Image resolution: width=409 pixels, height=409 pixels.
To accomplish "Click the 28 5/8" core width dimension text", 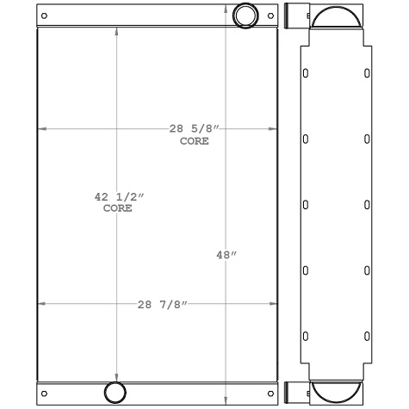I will (195, 129).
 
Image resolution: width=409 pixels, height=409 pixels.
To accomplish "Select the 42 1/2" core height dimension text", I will (119, 197).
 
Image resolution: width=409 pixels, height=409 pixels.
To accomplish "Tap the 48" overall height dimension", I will (226, 255).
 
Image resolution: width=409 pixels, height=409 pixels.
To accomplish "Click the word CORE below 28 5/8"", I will (195, 140).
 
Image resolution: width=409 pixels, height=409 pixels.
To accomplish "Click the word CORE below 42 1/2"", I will (118, 208).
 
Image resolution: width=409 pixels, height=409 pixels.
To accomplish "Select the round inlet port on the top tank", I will (246, 15).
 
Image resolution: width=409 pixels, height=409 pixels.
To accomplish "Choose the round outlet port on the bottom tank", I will (115, 393).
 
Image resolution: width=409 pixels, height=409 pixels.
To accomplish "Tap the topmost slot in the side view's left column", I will (305, 74).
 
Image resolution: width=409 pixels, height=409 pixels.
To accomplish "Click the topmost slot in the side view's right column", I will (368, 74).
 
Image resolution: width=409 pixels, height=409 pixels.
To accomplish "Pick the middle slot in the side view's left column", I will (305, 205).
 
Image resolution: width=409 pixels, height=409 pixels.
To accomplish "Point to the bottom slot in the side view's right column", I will (368, 335).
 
